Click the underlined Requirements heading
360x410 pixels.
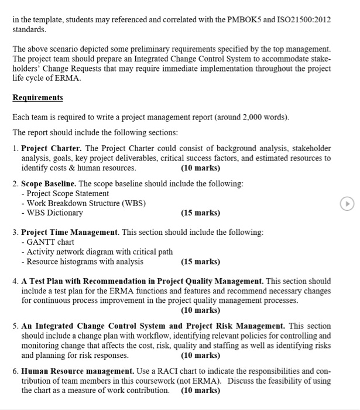click(x=37, y=97)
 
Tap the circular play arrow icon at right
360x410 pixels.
click(x=348, y=203)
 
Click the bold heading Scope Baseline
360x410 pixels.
click(x=49, y=183)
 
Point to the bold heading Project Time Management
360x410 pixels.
click(x=70, y=233)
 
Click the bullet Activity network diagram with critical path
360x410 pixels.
click(x=98, y=252)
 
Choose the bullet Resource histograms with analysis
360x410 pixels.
click(x=84, y=262)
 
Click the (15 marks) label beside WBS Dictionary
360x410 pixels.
click(x=201, y=213)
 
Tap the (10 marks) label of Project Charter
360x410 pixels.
click(x=201, y=168)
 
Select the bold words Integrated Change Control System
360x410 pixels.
click(x=100, y=326)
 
